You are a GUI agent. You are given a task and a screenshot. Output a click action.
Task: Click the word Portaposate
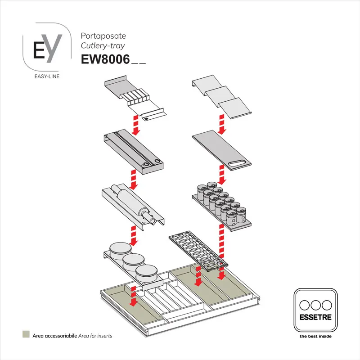coord(103,36)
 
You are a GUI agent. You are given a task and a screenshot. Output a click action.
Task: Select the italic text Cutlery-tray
coord(103,45)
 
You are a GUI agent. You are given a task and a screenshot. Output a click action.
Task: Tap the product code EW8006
coord(105,59)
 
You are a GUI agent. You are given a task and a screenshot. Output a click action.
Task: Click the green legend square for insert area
coord(26,335)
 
